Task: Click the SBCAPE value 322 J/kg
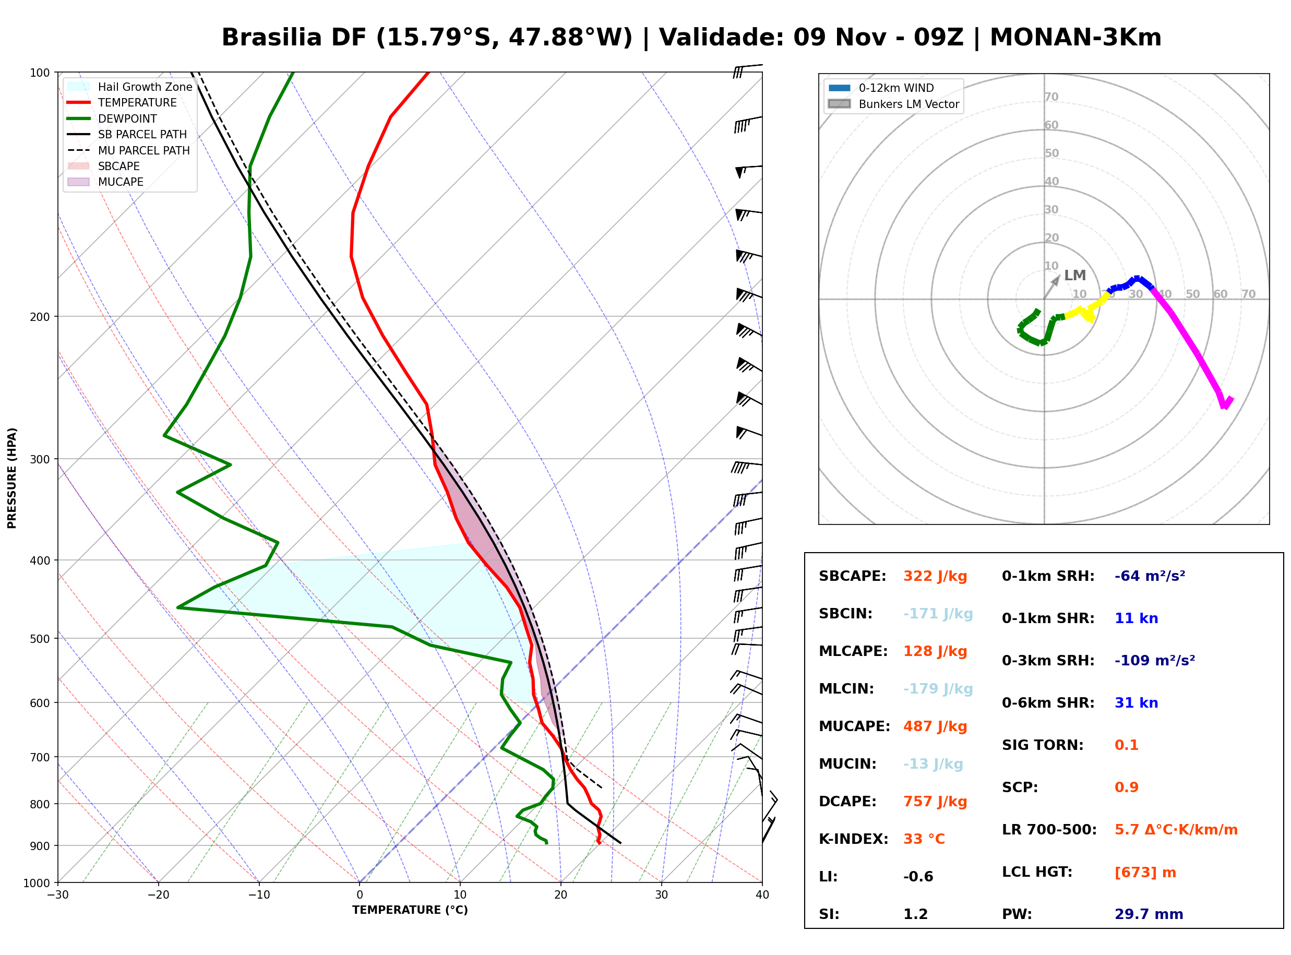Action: tap(935, 576)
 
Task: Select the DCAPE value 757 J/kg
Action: tap(935, 802)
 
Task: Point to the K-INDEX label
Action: tap(853, 839)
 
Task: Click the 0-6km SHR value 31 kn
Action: tap(1136, 703)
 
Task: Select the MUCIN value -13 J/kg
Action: tap(933, 764)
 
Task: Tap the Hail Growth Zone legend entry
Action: tap(129, 87)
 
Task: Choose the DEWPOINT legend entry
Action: tap(112, 118)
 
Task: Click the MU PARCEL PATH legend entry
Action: tap(128, 150)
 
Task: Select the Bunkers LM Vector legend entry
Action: tap(893, 104)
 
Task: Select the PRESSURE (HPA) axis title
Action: tap(12, 478)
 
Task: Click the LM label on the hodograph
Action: tap(1075, 276)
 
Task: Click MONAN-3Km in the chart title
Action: tap(1075, 38)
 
